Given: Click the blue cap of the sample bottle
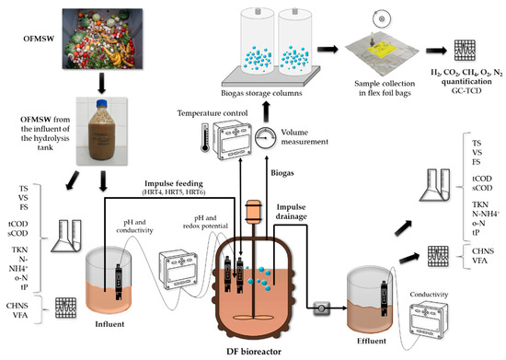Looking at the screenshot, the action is tap(101, 104).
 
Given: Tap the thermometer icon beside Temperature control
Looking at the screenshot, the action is tap(204, 137).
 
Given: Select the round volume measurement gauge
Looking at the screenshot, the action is tap(266, 137).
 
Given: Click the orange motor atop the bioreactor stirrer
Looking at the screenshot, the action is tap(253, 212).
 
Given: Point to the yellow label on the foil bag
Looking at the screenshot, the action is tap(382, 51).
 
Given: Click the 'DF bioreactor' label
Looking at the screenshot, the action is tap(254, 352).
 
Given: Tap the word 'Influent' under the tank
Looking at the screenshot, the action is tap(109, 324).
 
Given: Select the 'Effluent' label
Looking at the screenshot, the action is tap(372, 341).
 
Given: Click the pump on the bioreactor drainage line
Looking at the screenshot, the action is tap(322, 308).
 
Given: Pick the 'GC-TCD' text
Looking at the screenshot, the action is tap(466, 90).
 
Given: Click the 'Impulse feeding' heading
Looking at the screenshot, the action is tap(174, 184).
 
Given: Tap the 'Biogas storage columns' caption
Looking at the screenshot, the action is tap(261, 93).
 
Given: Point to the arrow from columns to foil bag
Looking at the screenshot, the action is tap(328, 49).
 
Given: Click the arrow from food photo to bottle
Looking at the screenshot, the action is tap(101, 83).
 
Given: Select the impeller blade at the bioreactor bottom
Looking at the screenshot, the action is tap(253, 317).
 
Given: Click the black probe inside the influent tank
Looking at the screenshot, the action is tap(119, 281).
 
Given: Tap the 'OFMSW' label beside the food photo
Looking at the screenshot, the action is tap(39, 39).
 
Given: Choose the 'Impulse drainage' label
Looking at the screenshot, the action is tap(291, 212).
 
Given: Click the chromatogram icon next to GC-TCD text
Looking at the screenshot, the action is tap(465, 50).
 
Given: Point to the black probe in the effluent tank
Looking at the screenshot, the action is tap(385, 298).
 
